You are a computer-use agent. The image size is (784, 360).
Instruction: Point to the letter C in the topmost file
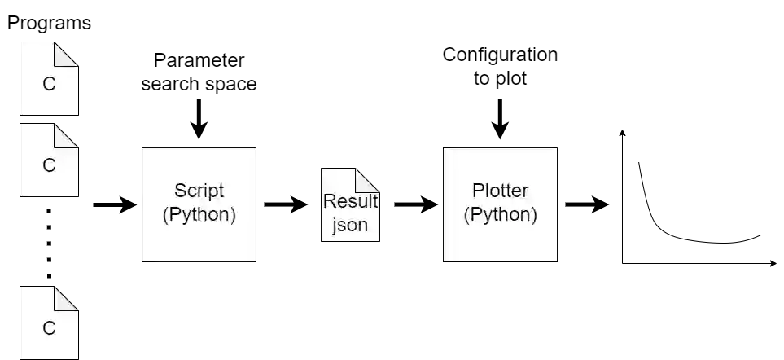tap(49, 85)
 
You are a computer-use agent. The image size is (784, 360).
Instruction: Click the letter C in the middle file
tap(49, 166)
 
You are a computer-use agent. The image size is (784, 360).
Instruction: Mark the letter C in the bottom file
tap(49, 329)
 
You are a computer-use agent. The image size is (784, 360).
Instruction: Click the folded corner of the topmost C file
tap(68, 53)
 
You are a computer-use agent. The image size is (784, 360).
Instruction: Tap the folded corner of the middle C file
tap(68, 134)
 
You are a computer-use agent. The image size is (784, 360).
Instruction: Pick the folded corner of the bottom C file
tap(68, 297)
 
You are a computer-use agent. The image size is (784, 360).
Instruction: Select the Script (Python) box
tap(199, 204)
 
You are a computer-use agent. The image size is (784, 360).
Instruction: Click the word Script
tap(199, 192)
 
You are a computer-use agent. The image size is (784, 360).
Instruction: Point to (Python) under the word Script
tap(199, 215)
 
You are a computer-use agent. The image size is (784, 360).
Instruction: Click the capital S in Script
tap(180, 192)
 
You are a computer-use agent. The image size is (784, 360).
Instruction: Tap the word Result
tap(351, 202)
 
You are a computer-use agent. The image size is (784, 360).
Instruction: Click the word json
tap(351, 225)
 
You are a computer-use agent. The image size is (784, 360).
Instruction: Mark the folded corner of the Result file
tap(368, 179)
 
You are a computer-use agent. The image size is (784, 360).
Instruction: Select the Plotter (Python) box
tap(501, 204)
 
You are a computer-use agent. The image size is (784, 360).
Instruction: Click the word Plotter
tap(501, 192)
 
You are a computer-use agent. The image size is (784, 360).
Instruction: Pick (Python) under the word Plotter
tap(501, 215)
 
